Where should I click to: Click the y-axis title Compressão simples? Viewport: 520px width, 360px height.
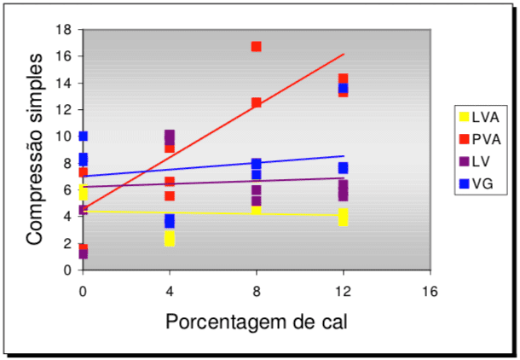(x=34, y=150)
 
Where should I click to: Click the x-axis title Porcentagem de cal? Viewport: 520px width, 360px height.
(x=257, y=322)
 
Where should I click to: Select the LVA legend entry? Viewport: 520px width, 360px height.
(x=477, y=117)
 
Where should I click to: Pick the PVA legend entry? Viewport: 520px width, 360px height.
(x=477, y=138)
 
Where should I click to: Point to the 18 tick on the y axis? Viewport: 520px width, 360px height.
(x=64, y=29)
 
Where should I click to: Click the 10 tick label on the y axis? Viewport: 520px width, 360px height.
(x=64, y=136)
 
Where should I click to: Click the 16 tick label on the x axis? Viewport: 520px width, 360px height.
(x=430, y=292)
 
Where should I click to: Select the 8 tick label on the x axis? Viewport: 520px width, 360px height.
(x=256, y=292)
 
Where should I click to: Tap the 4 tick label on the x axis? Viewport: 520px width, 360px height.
(x=170, y=292)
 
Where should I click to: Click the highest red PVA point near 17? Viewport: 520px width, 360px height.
(x=256, y=46)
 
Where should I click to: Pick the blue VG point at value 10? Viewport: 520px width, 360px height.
(x=83, y=136)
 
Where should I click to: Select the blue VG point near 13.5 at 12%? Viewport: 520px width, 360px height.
(x=343, y=89)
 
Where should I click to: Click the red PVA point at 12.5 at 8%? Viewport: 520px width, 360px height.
(x=256, y=102)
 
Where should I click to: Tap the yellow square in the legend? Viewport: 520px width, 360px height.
(x=464, y=117)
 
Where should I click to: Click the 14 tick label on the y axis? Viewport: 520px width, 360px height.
(x=64, y=83)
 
